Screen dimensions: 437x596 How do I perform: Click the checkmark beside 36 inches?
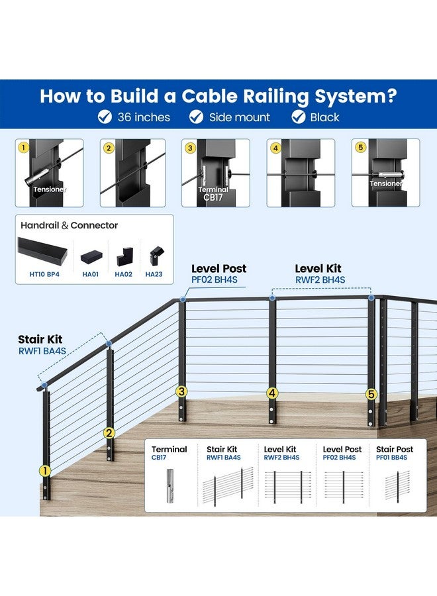105,117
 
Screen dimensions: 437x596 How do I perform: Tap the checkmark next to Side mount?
197,117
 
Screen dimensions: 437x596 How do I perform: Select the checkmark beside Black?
299,117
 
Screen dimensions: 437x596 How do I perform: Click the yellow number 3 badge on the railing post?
181,391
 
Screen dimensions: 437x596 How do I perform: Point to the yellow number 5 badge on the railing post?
371,394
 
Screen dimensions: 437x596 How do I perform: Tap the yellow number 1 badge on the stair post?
45,471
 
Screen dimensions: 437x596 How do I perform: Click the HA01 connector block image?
91,257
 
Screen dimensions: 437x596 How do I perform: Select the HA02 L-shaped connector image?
125,256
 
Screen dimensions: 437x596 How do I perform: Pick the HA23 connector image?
156,256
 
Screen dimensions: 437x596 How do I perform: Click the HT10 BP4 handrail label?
44,274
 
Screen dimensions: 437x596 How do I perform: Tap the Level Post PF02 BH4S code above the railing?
215,279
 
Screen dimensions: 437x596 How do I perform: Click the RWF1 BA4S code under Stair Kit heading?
42,351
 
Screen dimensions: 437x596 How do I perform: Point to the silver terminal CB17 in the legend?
170,486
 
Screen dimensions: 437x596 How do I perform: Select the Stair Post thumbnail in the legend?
398,485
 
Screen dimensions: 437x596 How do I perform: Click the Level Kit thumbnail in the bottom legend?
287,487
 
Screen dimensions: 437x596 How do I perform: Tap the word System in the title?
356,96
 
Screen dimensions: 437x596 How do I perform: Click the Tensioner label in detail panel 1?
50,189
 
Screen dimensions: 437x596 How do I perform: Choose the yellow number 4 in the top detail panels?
275,148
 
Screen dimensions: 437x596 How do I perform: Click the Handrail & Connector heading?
69,225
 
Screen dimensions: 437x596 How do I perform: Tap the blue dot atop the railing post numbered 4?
272,297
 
